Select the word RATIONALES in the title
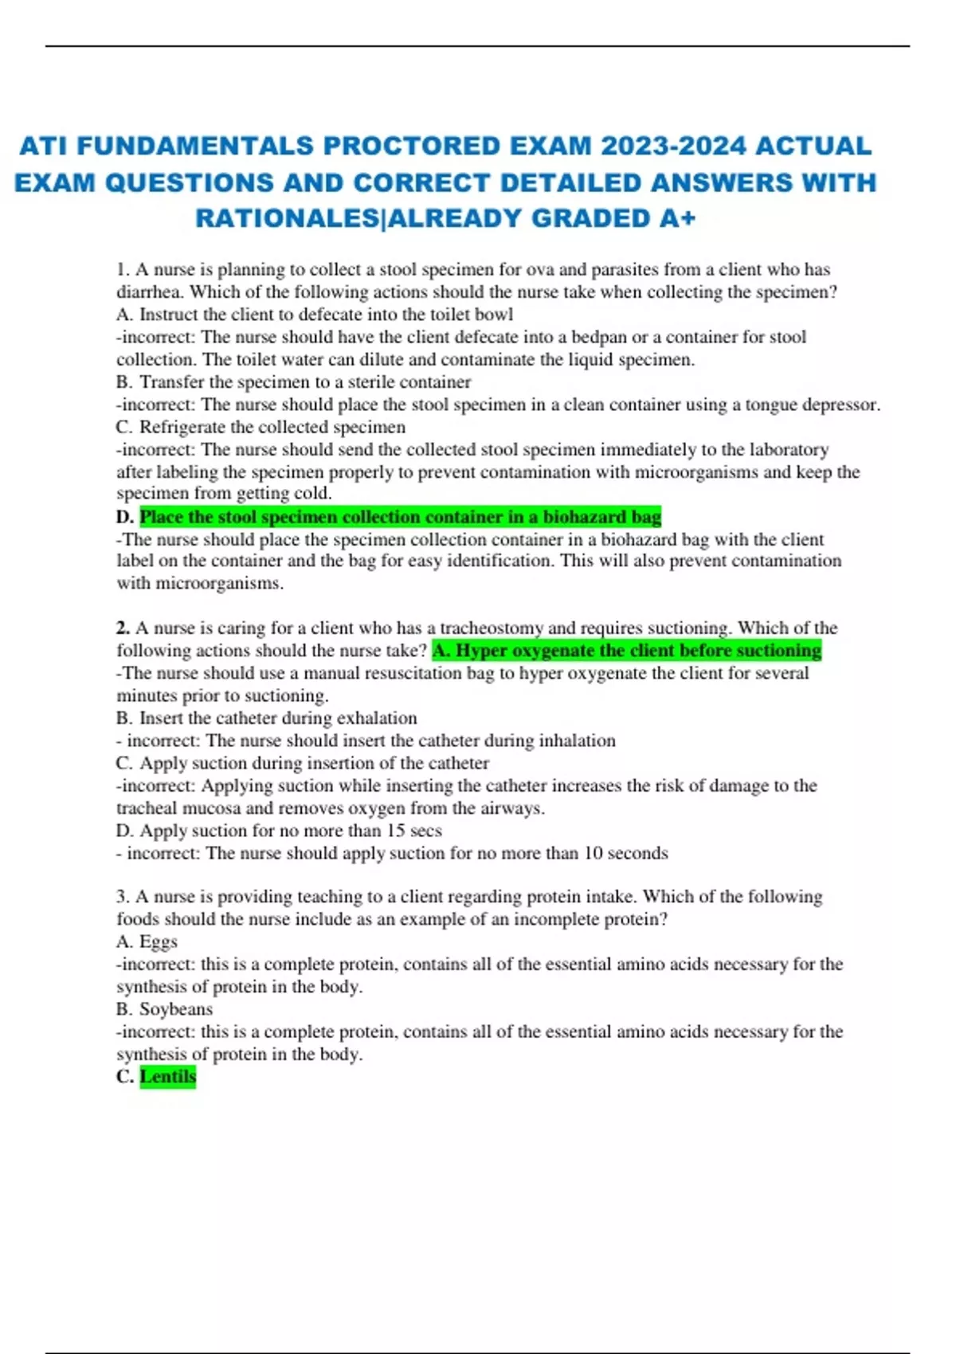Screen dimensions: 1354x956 coord(288,218)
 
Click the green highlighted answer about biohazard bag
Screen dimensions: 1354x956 coord(400,517)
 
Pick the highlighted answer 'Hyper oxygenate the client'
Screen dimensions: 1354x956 coord(626,651)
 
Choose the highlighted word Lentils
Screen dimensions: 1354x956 coord(167,1077)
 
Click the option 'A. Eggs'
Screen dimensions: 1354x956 coord(147,941)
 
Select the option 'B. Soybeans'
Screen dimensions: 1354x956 coord(165,1009)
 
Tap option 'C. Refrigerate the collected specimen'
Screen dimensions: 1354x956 coord(261,427)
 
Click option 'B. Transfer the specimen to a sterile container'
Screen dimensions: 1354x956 coord(293,382)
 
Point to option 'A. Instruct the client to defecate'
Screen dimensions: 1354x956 coord(315,315)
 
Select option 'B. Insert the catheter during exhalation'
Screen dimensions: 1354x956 coord(266,718)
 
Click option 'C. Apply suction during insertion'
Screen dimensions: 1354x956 coord(303,763)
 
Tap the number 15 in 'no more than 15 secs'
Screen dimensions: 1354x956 coord(395,831)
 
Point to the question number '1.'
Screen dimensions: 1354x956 coord(123,270)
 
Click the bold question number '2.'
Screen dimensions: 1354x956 coord(123,628)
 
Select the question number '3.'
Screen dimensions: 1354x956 coord(123,897)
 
